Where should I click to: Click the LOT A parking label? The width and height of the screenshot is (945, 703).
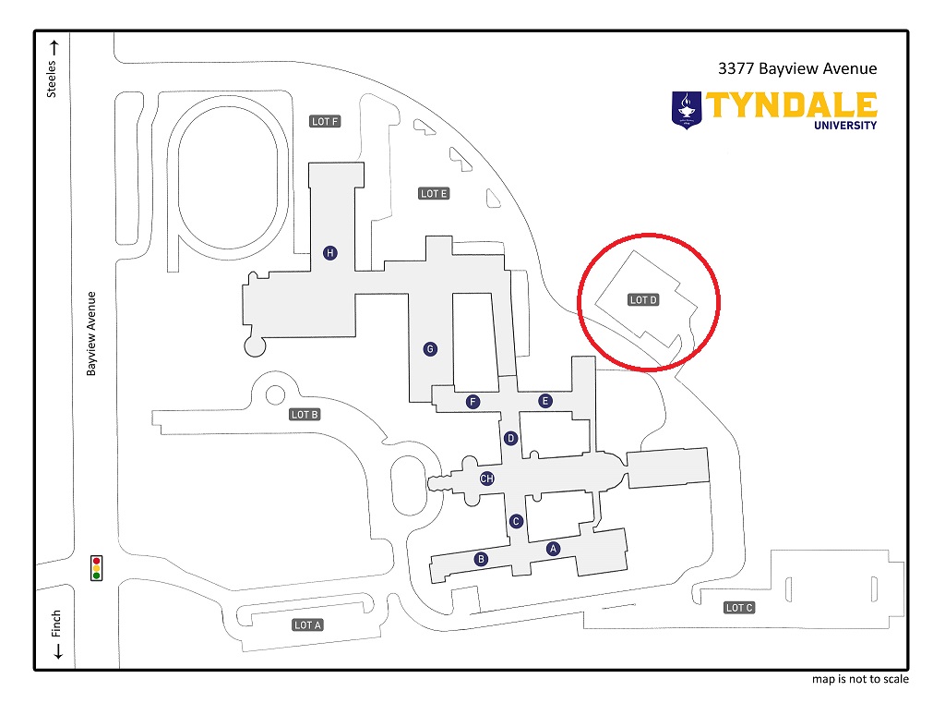[x=307, y=625]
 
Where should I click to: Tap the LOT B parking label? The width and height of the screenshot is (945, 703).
[x=305, y=415]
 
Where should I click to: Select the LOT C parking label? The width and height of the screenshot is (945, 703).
[x=739, y=608]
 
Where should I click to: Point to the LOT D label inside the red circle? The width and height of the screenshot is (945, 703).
[x=643, y=300]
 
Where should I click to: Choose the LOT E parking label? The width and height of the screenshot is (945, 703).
[x=434, y=194]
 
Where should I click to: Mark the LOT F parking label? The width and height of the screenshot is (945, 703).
[x=325, y=122]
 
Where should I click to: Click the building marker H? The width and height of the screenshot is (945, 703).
[x=329, y=252]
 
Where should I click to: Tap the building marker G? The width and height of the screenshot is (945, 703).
[x=429, y=348]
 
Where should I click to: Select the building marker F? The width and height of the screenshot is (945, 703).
[x=473, y=401]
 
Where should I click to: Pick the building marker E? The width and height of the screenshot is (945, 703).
[x=545, y=401]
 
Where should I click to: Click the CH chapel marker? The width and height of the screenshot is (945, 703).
[x=487, y=479]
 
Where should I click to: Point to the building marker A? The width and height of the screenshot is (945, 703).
[x=554, y=549]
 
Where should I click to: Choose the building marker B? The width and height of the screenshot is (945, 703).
[x=481, y=559]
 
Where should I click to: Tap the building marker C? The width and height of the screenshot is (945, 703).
[x=516, y=521]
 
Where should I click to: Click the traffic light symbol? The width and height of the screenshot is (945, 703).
[x=96, y=568]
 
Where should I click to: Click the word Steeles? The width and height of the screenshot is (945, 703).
[x=53, y=79]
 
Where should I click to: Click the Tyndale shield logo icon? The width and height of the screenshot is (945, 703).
[x=686, y=109]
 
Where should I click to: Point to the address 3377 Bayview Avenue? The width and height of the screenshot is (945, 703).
[x=796, y=68]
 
